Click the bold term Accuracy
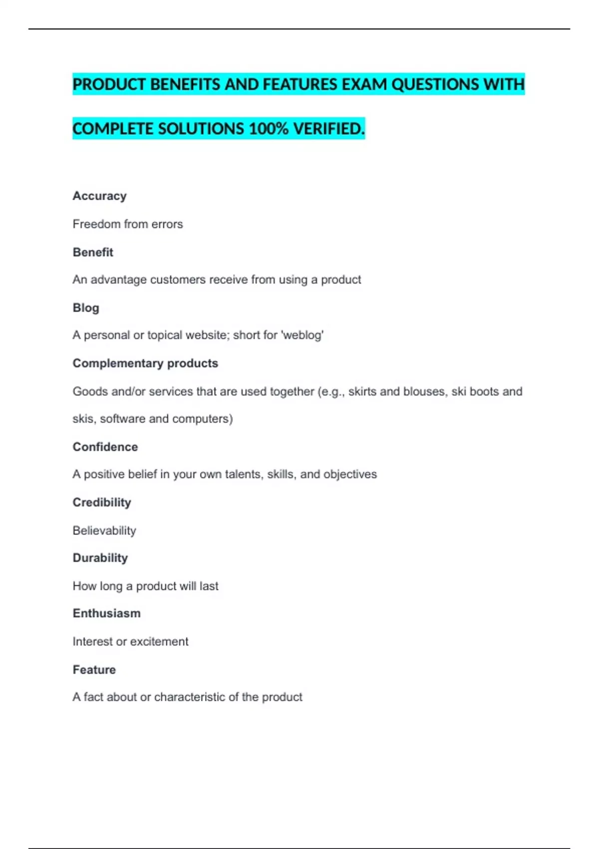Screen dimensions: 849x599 (x=99, y=196)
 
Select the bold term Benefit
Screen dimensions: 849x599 (x=93, y=252)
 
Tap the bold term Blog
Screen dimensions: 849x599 (x=86, y=308)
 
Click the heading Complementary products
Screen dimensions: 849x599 (x=145, y=363)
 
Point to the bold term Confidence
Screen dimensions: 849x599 (x=105, y=446)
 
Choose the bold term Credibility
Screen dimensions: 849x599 (x=102, y=502)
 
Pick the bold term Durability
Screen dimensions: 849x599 (x=100, y=557)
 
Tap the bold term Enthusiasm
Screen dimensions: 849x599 (x=106, y=613)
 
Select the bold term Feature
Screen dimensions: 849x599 (x=94, y=669)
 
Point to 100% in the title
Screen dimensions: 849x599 (x=269, y=129)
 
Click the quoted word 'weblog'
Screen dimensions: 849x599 (x=302, y=335)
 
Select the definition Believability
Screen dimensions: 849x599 (x=104, y=530)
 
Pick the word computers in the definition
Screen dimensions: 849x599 (x=202, y=419)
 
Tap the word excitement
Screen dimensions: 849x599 (x=159, y=641)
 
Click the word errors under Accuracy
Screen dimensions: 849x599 (x=167, y=224)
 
